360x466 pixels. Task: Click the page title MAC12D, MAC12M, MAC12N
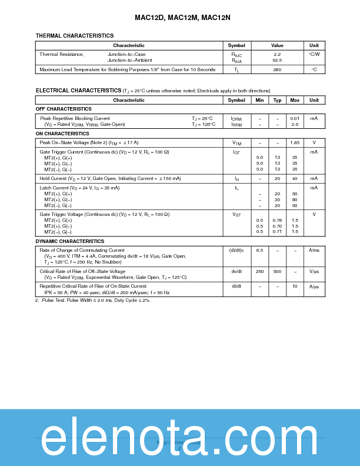[180, 18]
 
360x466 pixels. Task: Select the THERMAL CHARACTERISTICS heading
[75, 36]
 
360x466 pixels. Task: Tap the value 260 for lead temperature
[277, 69]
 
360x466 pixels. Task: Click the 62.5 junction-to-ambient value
[277, 60]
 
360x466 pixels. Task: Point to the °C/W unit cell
[314, 54]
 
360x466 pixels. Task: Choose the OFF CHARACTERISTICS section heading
[64, 109]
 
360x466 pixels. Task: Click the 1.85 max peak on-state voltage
[295, 142]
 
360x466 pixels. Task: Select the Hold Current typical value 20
[277, 178]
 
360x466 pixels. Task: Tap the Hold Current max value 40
[295, 178]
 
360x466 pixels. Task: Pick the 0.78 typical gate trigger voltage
[277, 220]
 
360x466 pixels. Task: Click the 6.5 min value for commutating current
[259, 250]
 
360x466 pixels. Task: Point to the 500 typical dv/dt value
[277, 271]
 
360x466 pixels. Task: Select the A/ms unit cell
[314, 250]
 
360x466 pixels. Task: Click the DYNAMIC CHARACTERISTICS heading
[70, 241]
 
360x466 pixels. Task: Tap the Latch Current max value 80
[295, 199]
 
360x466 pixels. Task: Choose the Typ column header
[277, 100]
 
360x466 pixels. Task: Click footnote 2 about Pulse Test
[93, 300]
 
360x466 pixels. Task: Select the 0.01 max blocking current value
[295, 118]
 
